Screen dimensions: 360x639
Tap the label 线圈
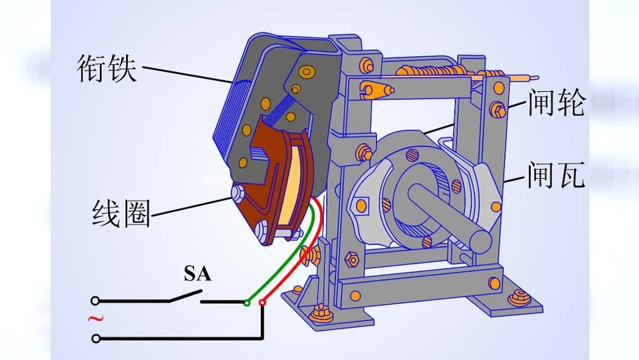pyautogui.click(x=121, y=214)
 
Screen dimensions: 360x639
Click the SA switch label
pyautogui.click(x=197, y=274)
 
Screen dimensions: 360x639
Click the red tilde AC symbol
pyautogui.click(x=95, y=319)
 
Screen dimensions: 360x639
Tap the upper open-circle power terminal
pyautogui.click(x=95, y=301)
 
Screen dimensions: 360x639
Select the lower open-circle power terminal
pyautogui.click(x=95, y=339)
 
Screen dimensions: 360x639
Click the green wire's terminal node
pyautogui.click(x=247, y=303)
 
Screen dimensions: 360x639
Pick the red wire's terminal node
pyautogui.click(x=263, y=303)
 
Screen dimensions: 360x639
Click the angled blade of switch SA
pyautogui.click(x=185, y=295)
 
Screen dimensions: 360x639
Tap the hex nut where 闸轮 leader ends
pyautogui.click(x=498, y=109)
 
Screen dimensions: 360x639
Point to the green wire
pyautogui.click(x=284, y=255)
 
